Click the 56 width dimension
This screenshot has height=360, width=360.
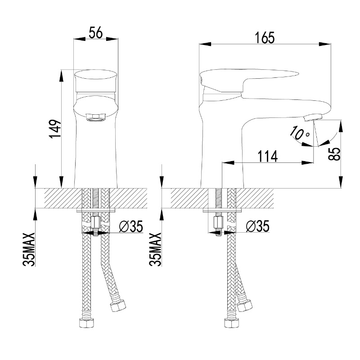96,32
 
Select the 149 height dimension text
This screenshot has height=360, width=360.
55,129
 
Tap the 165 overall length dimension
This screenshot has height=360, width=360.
265,38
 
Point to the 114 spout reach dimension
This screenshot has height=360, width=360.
267,156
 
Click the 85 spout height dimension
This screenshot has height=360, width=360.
334,153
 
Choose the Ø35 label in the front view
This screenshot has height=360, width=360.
131,226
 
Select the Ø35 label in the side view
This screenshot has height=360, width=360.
257,226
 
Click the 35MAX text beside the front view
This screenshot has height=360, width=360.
29,249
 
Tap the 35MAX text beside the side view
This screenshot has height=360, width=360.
155,249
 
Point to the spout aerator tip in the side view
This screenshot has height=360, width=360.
312,118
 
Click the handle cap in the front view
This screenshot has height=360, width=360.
96,81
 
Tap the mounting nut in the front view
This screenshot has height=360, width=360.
95,222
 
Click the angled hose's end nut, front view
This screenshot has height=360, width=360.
118,305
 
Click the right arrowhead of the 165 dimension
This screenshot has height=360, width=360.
325,44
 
